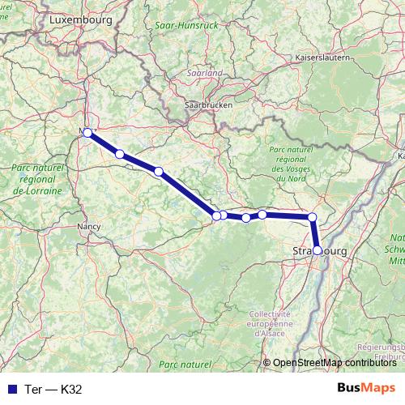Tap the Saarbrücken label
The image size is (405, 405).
tap(209, 105)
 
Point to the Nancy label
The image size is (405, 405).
tap(87, 227)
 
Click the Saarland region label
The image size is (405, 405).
tap(205, 72)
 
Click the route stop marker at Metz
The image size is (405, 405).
tap(87, 132)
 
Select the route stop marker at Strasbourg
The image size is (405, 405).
tap(318, 250)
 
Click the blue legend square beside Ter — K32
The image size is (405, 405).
tap(11, 388)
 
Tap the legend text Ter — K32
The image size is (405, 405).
tap(53, 388)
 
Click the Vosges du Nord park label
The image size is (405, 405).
tap(289, 166)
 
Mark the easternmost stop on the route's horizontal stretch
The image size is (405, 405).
tap(312, 217)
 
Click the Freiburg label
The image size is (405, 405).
tap(392, 354)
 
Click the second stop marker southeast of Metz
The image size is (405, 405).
tap(159, 171)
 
